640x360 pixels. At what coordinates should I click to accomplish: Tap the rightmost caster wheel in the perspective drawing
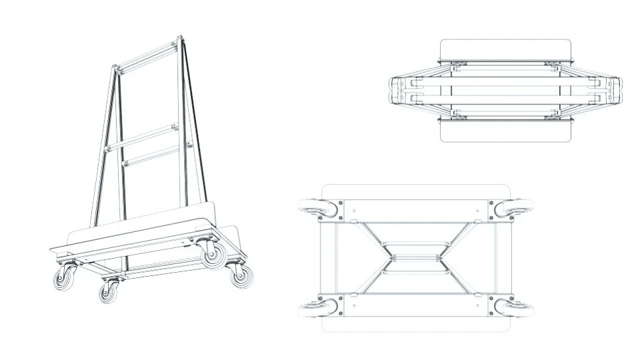239,275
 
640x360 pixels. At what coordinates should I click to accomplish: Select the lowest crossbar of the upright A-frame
152,155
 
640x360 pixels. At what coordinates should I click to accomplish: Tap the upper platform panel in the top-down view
505,51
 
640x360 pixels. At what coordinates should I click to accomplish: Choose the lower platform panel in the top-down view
505,131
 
